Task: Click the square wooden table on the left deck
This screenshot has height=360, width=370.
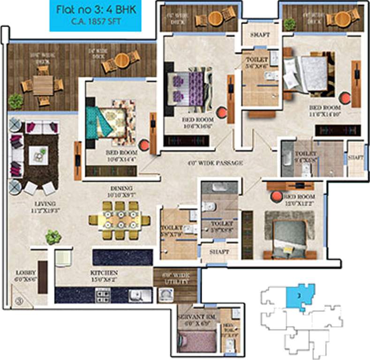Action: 43,85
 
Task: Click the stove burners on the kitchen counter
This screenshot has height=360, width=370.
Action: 103,295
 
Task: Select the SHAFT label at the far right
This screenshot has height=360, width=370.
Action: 356,158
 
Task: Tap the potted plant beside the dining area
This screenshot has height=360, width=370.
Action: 53,237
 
